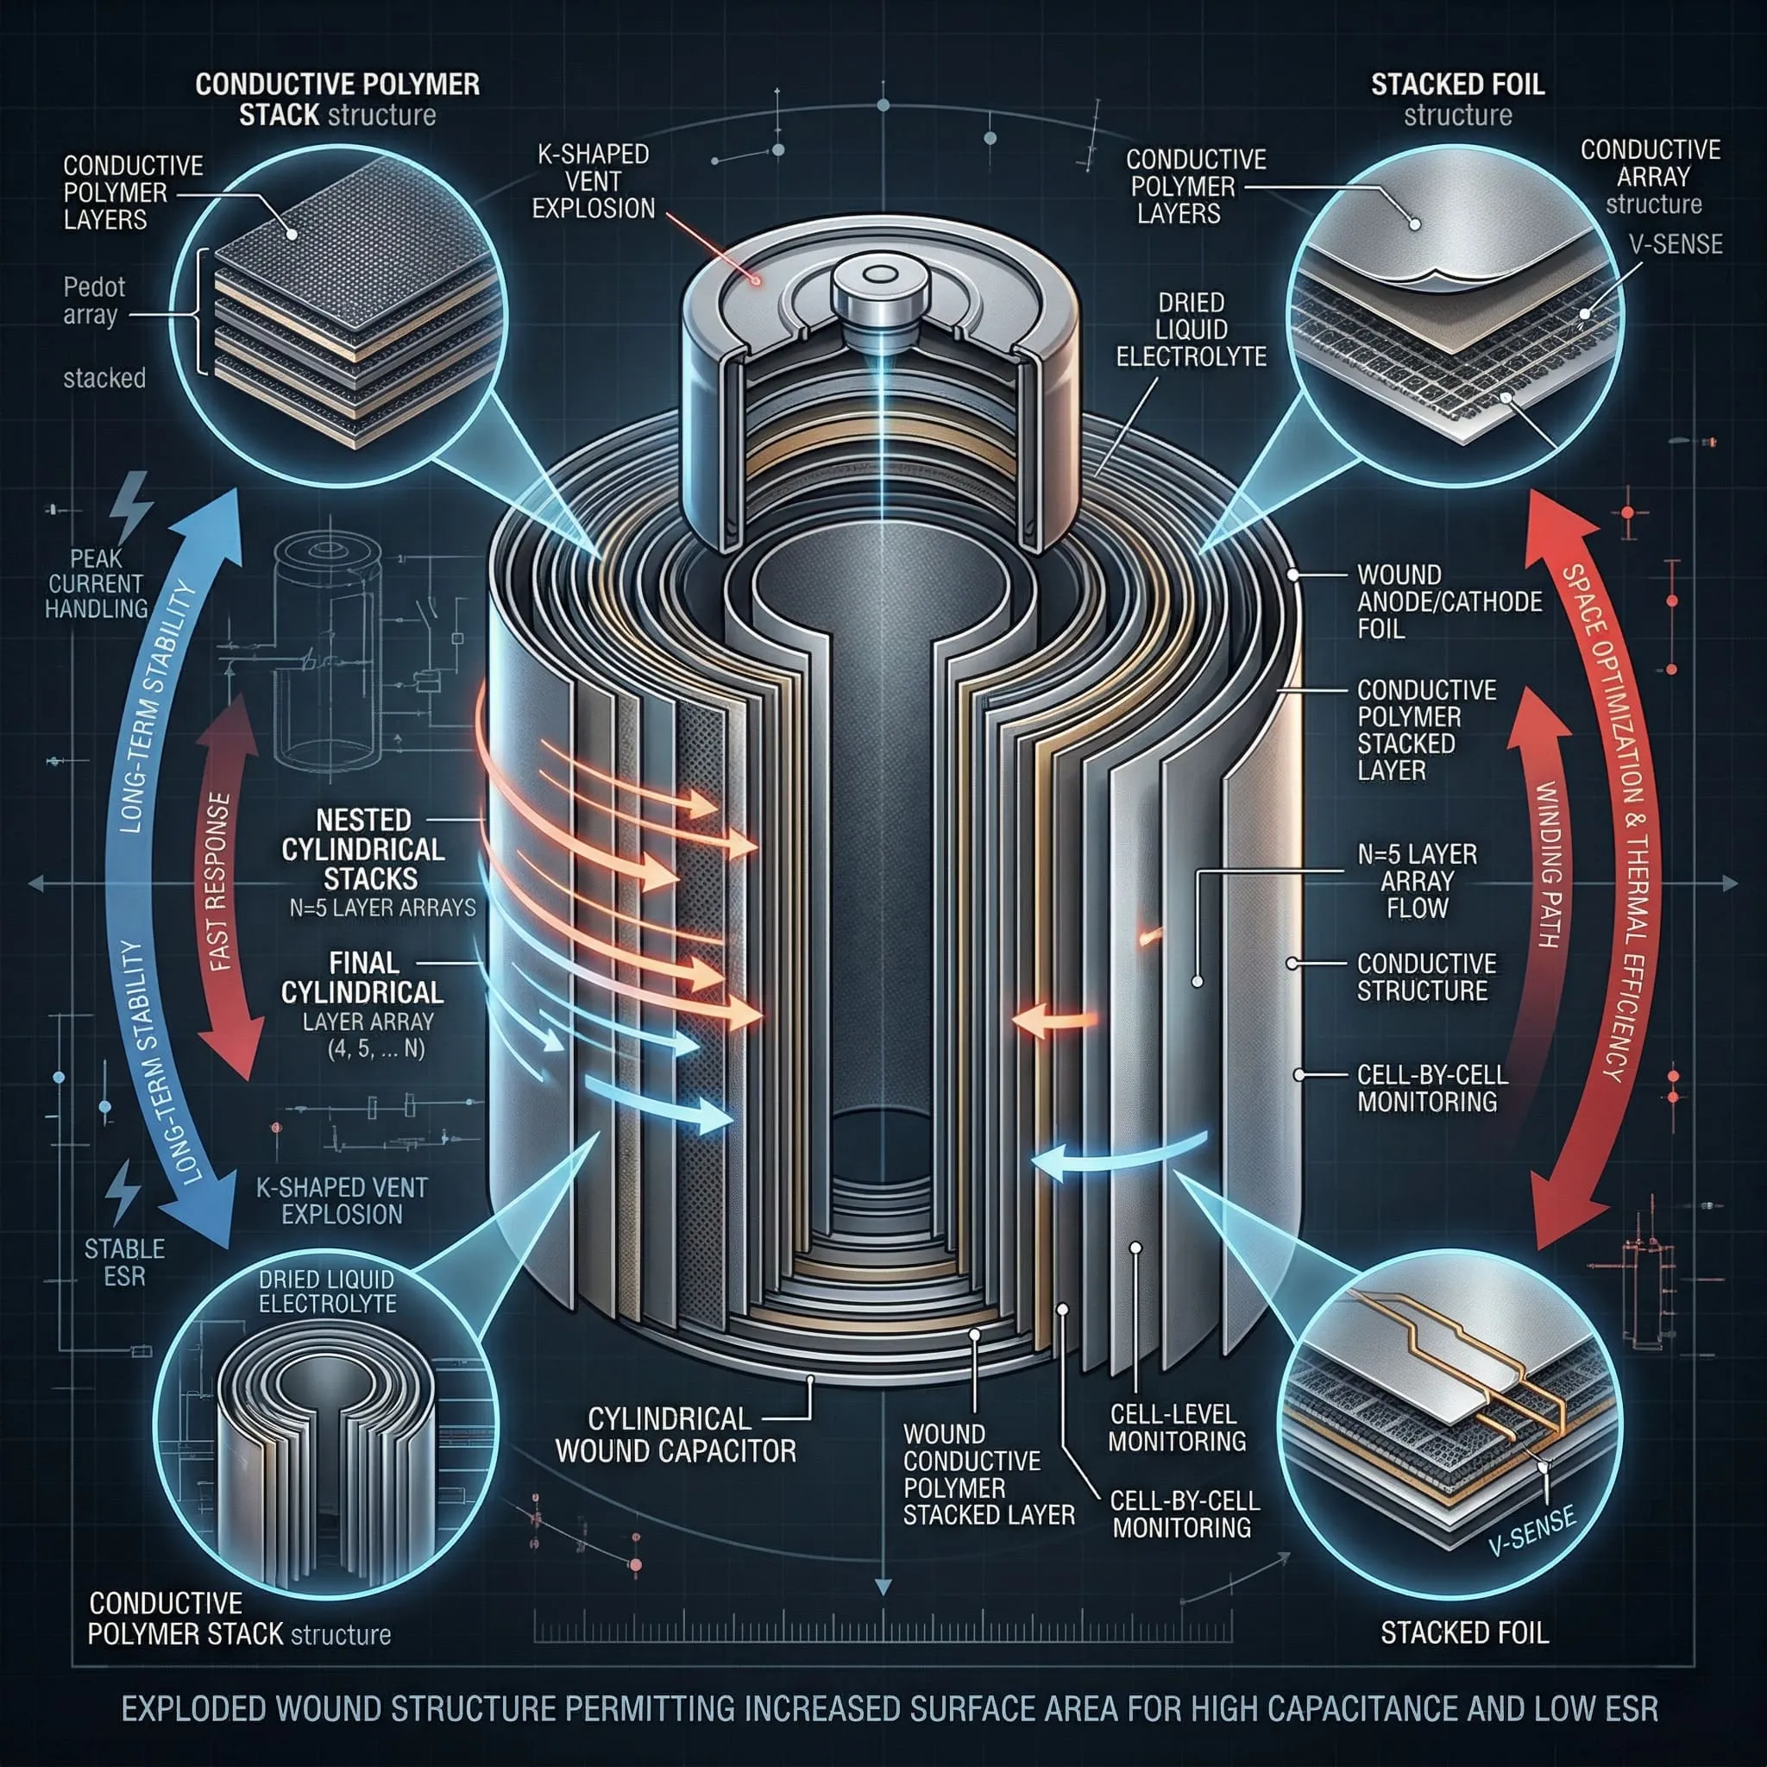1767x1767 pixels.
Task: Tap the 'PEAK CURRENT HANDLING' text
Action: tap(97, 583)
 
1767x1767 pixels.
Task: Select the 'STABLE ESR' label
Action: tap(124, 1262)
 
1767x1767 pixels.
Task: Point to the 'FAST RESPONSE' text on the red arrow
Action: tap(219, 883)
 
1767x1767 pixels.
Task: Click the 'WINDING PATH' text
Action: tap(1548, 865)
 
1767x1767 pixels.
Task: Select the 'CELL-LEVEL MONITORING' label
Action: tap(1176, 1428)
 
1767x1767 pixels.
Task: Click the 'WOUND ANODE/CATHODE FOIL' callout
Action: tap(1449, 602)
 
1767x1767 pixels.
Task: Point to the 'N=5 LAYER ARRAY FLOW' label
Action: tap(1417, 881)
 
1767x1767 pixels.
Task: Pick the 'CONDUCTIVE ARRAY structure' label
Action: tap(1651, 177)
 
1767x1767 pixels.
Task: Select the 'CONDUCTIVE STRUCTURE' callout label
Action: tap(1427, 977)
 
